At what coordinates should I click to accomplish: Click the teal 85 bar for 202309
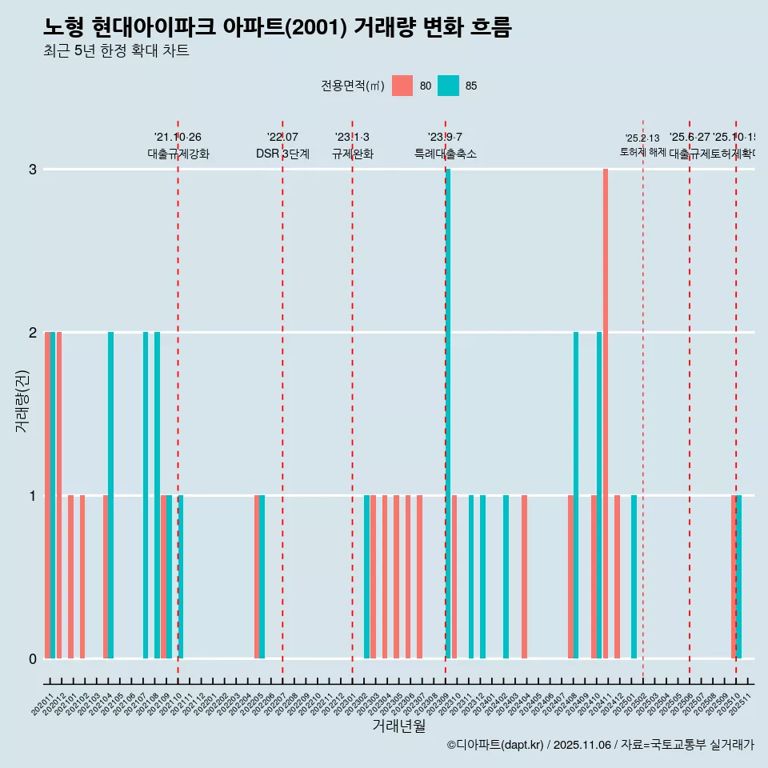(448, 414)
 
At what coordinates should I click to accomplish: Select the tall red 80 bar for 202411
(606, 414)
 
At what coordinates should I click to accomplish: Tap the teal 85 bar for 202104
(110, 495)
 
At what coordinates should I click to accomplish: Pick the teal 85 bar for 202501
(634, 577)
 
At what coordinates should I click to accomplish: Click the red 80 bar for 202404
(524, 577)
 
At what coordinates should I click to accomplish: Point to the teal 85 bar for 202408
(576, 495)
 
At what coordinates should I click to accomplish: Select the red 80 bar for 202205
(257, 577)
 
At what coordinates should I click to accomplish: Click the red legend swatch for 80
(402, 86)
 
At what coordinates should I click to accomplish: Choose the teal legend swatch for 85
(449, 86)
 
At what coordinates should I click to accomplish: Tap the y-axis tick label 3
(33, 170)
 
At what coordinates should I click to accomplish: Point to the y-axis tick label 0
(33, 659)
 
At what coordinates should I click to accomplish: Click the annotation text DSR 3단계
(282, 154)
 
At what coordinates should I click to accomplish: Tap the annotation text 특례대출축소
(446, 154)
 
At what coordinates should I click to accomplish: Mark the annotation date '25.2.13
(642, 138)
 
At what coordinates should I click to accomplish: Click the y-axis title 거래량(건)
(22, 400)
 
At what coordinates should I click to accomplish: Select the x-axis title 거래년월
(398, 726)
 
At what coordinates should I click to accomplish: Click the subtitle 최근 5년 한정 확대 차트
(116, 51)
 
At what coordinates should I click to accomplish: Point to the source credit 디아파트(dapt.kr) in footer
(496, 745)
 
